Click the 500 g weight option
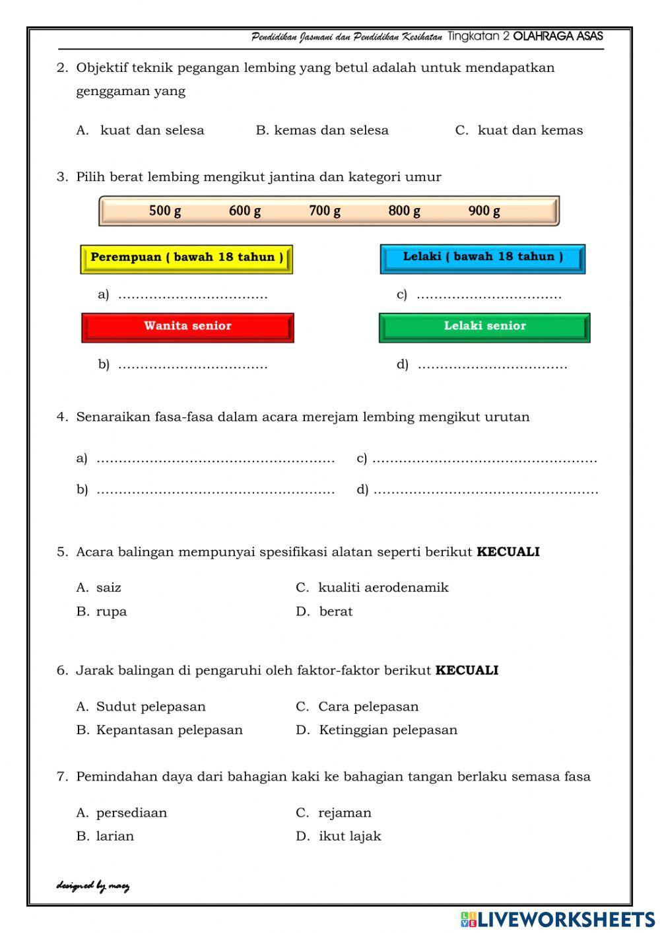(165, 211)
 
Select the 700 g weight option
(325, 211)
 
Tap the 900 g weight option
(484, 211)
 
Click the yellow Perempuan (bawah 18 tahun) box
(187, 258)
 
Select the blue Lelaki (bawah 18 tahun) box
(482, 258)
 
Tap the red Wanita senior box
(187, 326)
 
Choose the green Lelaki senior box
(484, 326)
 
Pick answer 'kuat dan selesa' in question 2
(152, 131)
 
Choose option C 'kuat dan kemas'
(530, 131)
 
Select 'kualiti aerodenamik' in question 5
(383, 588)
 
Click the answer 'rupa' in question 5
(111, 611)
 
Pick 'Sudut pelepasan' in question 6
(150, 707)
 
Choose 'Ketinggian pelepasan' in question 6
(388, 730)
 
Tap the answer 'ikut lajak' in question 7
(350, 837)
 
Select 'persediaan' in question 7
(131, 813)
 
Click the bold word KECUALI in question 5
(508, 552)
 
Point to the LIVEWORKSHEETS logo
(558, 919)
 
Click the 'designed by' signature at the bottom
(93, 886)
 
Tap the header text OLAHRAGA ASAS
(558, 37)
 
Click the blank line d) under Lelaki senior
(492, 365)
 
